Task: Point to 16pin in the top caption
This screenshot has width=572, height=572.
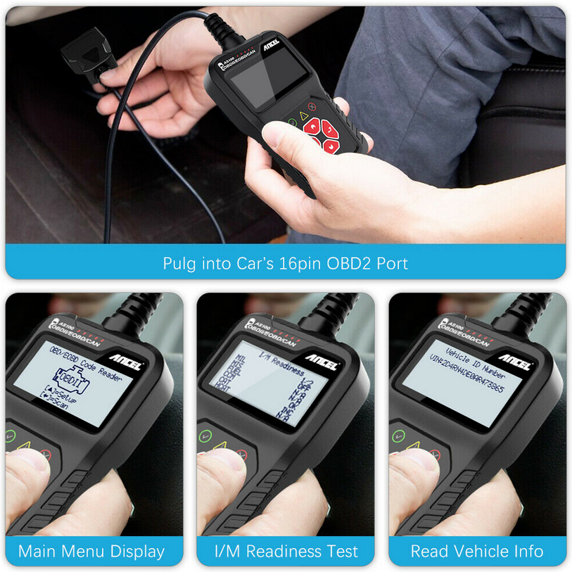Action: tap(303, 264)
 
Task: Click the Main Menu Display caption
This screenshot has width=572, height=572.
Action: tap(91, 551)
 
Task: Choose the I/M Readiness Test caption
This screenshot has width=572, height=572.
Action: tap(286, 551)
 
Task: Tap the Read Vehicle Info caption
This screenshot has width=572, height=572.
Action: tap(477, 551)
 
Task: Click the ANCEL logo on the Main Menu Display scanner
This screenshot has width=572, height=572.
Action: tap(129, 365)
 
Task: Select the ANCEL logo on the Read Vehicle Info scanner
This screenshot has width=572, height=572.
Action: tap(515, 365)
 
